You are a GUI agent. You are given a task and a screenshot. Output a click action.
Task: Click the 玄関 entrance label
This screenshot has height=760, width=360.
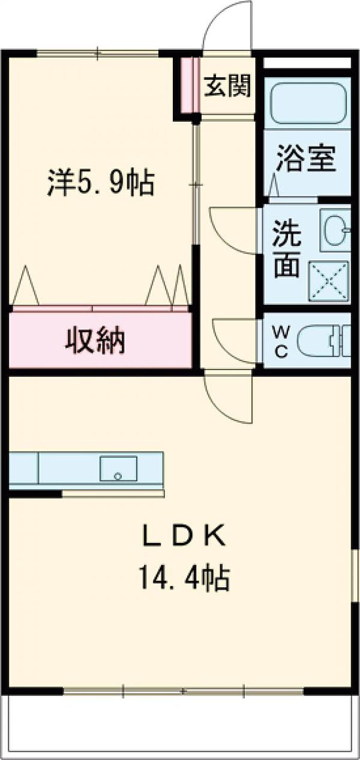click(227, 85)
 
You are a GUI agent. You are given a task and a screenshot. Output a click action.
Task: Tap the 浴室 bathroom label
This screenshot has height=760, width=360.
click(307, 158)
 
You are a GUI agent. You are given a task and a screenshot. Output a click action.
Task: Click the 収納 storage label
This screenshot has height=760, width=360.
click(95, 340)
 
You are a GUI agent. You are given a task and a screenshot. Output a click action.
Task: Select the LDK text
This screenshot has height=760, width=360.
click(184, 535)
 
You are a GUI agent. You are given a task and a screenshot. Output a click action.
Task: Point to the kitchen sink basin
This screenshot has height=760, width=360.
click(118, 468)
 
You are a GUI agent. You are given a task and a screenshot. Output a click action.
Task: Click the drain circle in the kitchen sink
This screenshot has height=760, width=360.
click(118, 476)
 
